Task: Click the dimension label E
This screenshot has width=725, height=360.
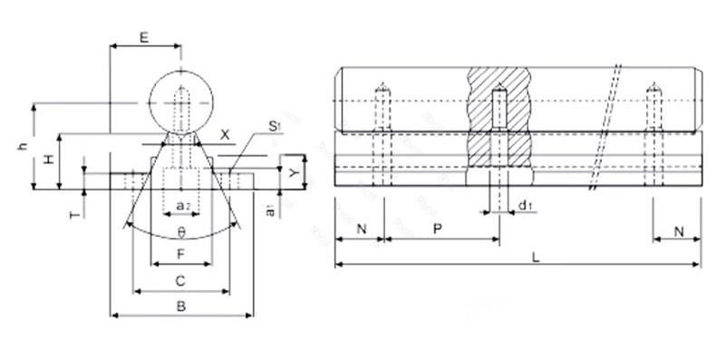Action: click(144, 38)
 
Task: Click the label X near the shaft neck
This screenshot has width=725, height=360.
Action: click(225, 135)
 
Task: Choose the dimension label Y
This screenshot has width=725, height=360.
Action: click(293, 173)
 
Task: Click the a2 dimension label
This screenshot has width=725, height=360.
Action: click(182, 205)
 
